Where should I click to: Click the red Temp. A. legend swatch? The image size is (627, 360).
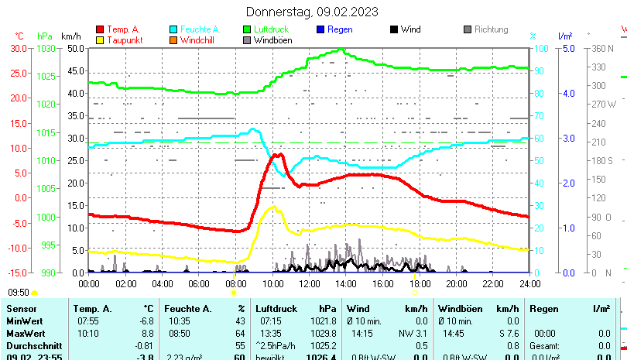point(100,29)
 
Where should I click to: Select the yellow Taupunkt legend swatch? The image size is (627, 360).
point(100,39)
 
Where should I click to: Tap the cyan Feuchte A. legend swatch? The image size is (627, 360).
point(173,29)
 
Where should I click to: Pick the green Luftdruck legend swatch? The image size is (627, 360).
point(247,29)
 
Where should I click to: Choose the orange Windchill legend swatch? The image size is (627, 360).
point(173,39)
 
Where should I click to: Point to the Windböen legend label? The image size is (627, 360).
point(273,39)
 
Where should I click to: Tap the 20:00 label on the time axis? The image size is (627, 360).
point(456,283)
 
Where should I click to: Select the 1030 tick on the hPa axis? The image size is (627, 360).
point(46,48)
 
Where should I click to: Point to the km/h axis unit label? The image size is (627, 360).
point(70,36)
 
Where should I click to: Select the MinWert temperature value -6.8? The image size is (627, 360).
point(146,321)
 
